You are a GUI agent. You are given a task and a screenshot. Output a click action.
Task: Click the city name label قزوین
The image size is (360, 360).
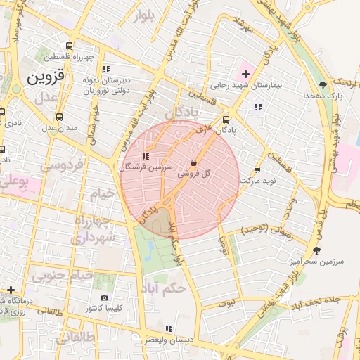[46, 77]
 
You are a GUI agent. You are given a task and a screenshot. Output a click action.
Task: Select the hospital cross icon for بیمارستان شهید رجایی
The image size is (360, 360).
[245, 74]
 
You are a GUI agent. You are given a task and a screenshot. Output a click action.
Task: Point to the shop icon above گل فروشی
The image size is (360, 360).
[193, 162]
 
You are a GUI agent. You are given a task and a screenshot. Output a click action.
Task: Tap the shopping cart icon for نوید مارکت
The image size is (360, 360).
[257, 169]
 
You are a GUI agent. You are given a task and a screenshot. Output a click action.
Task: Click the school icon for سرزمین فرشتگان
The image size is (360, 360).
[145, 156]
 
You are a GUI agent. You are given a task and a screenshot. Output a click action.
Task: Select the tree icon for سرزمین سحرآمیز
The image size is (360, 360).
[316, 250]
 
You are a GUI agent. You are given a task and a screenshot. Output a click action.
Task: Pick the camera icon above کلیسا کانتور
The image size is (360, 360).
[104, 298]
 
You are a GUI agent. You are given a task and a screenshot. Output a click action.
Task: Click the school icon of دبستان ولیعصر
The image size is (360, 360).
[167, 328]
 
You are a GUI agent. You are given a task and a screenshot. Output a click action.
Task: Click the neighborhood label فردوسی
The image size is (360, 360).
[60, 166]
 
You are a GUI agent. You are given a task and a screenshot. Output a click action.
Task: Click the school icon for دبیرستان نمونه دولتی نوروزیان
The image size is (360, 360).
[105, 70]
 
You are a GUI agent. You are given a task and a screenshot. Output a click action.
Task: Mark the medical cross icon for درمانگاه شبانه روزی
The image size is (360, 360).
[11, 290]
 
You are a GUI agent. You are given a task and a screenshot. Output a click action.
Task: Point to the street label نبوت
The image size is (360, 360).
[226, 303]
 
